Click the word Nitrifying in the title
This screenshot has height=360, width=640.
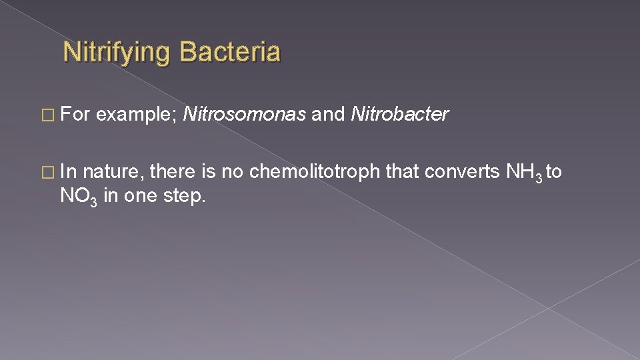[x=117, y=52]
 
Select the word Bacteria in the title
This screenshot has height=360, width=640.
[x=230, y=52]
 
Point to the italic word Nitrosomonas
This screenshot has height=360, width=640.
[x=244, y=115]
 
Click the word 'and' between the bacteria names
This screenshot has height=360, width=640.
[x=328, y=115]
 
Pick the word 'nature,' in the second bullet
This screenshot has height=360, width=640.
[x=114, y=173]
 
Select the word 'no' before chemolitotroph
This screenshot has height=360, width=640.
[x=232, y=172]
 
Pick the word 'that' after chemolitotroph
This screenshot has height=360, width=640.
[x=402, y=172]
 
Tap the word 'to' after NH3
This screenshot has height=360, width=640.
[x=554, y=172]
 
